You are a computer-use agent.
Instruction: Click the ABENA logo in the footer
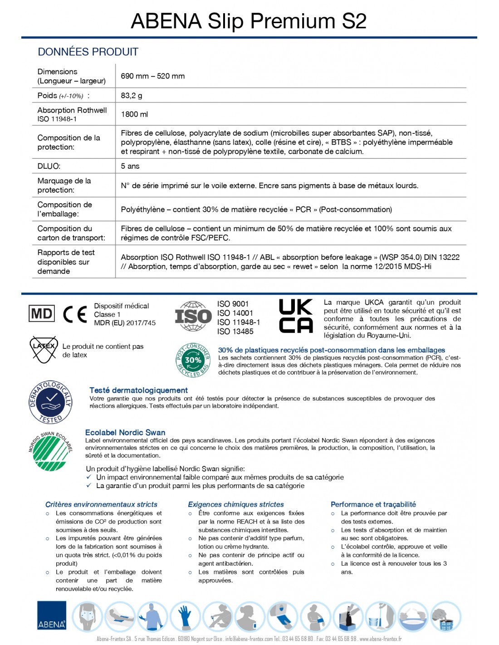pyautogui.click(x=52, y=616)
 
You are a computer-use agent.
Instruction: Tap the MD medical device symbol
pyautogui.click(x=42, y=313)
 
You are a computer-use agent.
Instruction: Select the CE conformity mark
pyautogui.click(x=75, y=314)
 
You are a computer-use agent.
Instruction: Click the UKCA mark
pyautogui.click(x=296, y=316)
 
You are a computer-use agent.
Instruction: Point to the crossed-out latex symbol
pyautogui.click(x=44, y=349)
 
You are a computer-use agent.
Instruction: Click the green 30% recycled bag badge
pyautogui.click(x=193, y=360)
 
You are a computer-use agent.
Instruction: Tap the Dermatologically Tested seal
pyautogui.click(x=51, y=401)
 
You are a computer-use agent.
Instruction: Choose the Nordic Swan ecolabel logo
pyautogui.click(x=50, y=451)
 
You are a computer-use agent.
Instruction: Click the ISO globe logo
pyautogui.click(x=193, y=316)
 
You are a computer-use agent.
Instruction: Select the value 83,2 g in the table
pyautogui.click(x=132, y=96)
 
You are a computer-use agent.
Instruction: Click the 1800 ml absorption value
pyautogui.click(x=134, y=114)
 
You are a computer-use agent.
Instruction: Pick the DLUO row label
pyautogui.click(x=49, y=166)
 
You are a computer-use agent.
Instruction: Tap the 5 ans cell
pyautogui.click(x=130, y=166)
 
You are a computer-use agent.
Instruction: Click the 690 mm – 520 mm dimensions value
pyautogui.click(x=152, y=76)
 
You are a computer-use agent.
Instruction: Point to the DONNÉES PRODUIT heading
pyautogui.click(x=88, y=52)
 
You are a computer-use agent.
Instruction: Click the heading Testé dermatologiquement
pyautogui.click(x=138, y=390)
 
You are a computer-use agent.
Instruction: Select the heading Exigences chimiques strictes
pyautogui.click(x=236, y=504)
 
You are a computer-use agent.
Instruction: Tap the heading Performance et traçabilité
pyautogui.click(x=373, y=504)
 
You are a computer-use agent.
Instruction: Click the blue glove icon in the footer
pyautogui.click(x=185, y=616)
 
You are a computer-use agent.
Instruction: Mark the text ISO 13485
pyautogui.click(x=235, y=332)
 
